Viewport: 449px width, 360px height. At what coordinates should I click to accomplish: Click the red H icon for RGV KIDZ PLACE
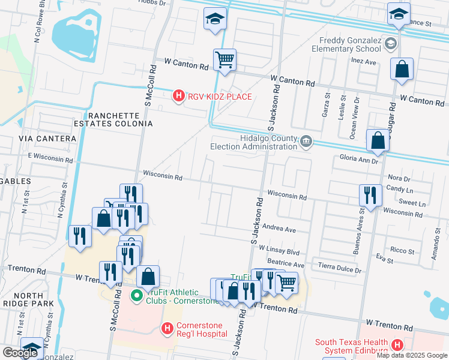pos(178,96)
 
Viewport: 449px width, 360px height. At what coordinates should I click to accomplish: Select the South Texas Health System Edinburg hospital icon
pos(397,345)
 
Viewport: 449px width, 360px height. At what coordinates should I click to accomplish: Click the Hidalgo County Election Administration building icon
pos(306,142)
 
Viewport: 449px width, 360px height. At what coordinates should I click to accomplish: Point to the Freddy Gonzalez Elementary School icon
pos(391,43)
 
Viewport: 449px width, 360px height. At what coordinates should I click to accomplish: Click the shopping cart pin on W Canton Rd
pos(224,60)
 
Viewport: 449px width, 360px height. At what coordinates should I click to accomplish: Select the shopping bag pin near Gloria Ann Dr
pos(378,142)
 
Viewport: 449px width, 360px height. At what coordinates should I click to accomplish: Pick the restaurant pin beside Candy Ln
pos(370,195)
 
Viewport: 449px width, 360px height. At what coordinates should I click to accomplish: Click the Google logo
pos(20,353)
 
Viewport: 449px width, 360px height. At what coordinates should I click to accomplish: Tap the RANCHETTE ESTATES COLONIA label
pos(119,119)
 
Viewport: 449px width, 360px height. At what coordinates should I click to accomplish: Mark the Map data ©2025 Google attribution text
pos(412,355)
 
